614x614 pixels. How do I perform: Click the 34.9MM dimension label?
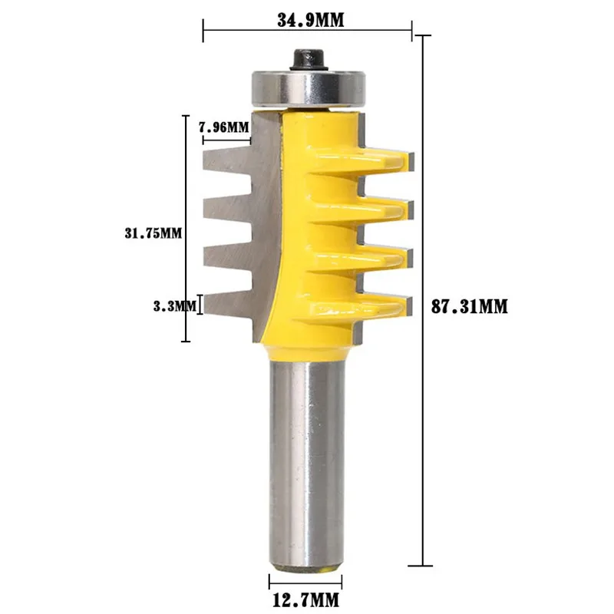tap(311, 21)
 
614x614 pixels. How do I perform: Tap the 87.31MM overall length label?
tap(470, 306)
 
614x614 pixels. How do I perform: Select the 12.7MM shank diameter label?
tap(305, 599)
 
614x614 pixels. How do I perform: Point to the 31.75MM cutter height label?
tap(153, 233)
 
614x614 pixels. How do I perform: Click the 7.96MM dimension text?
tap(223, 127)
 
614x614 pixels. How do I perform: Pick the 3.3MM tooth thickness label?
tap(174, 306)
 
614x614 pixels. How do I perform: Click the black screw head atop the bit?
tap(309, 60)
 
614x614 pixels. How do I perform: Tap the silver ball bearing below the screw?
tap(309, 88)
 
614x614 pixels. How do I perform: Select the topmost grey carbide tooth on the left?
tap(227, 159)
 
